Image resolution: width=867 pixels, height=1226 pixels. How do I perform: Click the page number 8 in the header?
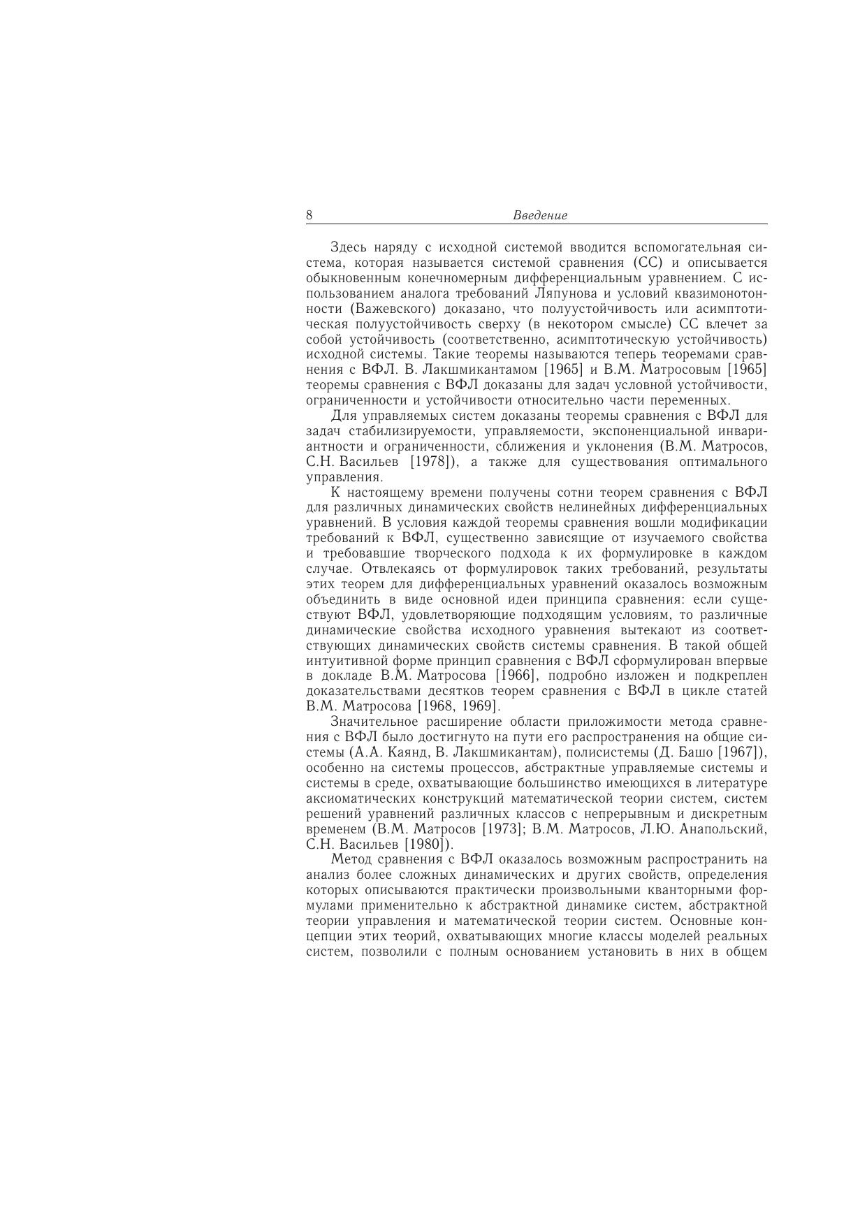pyautogui.click(x=309, y=215)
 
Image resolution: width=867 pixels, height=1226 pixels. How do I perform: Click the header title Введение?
pyautogui.click(x=540, y=216)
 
